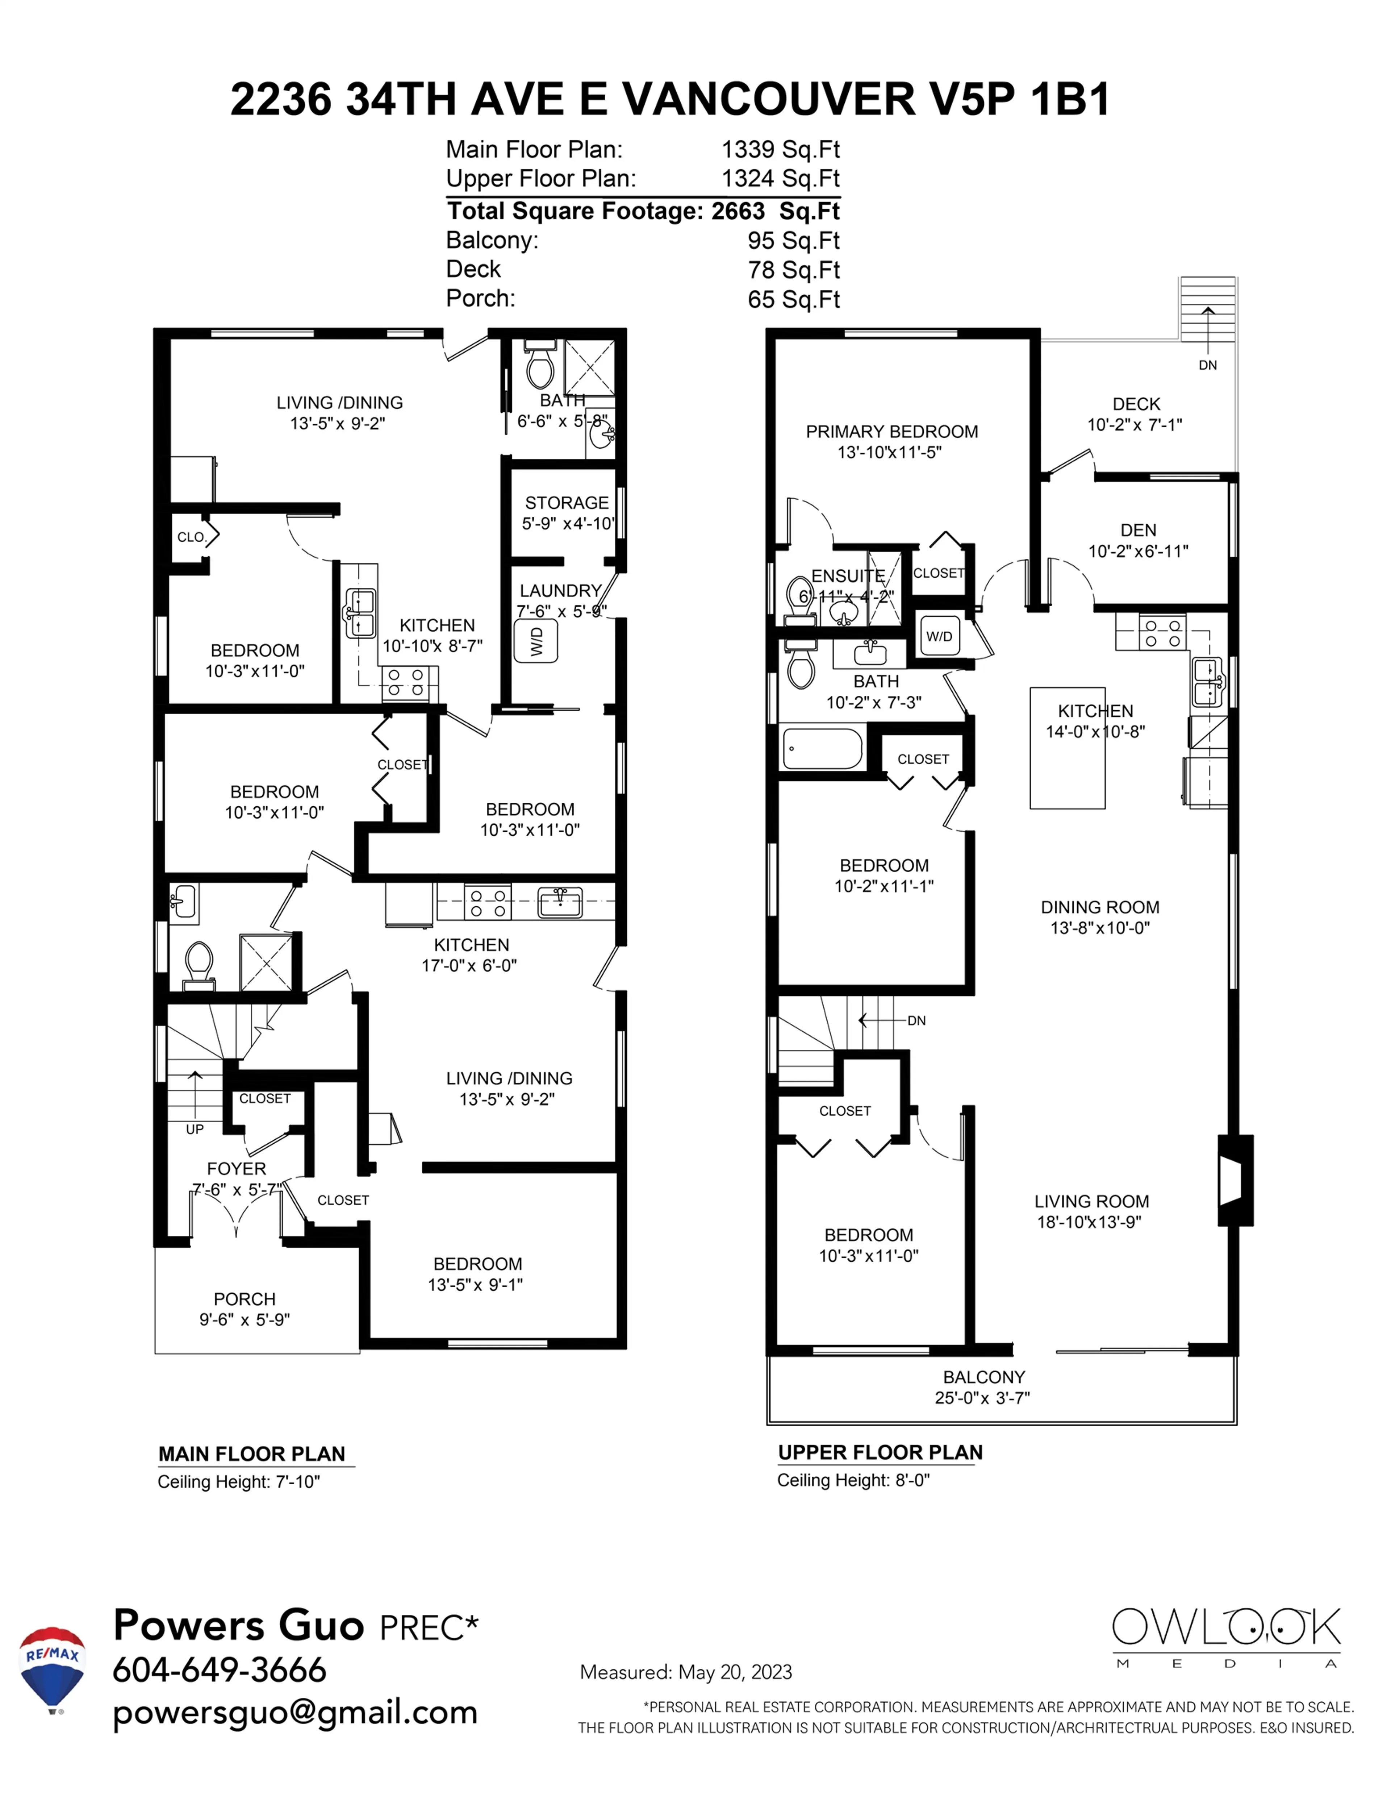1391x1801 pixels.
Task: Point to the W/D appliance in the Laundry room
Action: [x=536, y=641]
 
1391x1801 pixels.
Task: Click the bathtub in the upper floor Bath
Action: [x=822, y=748]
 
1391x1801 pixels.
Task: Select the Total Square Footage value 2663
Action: [x=738, y=211]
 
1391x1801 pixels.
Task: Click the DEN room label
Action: [x=1138, y=530]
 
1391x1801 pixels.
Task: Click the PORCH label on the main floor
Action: [x=244, y=1299]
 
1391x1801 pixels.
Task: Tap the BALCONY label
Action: [x=984, y=1377]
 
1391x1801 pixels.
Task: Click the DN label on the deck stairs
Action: [x=1207, y=365]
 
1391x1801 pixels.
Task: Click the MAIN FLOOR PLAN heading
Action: [x=251, y=1454]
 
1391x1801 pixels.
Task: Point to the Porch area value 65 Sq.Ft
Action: [x=793, y=299]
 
